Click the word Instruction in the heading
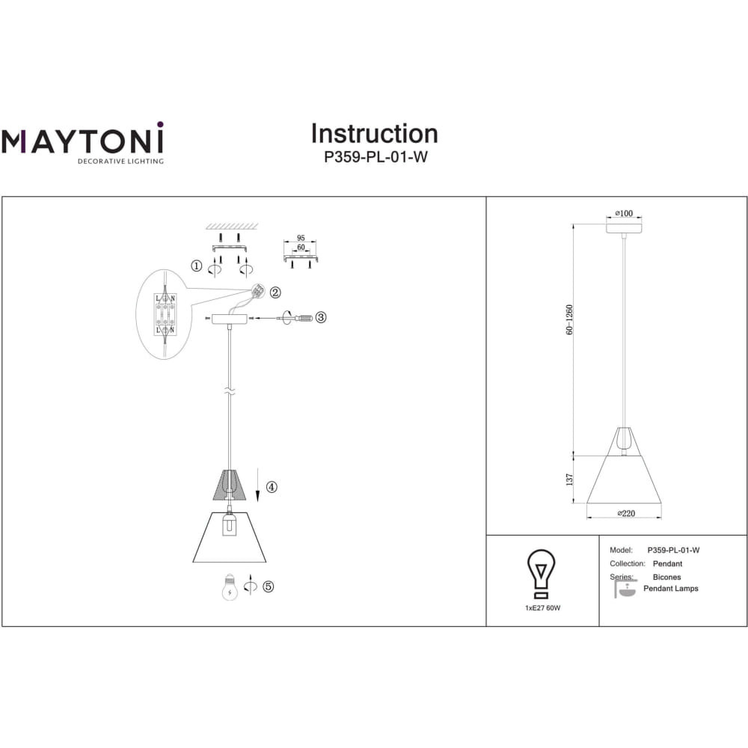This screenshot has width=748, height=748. [375, 134]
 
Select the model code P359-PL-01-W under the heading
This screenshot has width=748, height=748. [375, 157]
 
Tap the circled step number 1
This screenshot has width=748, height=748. [197, 266]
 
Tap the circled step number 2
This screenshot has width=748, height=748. [275, 292]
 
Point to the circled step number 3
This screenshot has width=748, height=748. [321, 316]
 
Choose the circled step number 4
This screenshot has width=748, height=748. [272, 487]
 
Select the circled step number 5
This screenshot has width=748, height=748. [268, 586]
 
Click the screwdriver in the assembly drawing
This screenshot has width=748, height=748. [295, 317]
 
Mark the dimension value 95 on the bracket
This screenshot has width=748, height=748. [301, 238]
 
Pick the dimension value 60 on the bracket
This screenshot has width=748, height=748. [301, 247]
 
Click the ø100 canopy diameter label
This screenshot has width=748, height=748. [624, 213]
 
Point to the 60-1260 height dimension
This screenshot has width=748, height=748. [569, 319]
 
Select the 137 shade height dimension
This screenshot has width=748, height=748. [569, 479]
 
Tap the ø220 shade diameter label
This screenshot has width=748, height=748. [626, 513]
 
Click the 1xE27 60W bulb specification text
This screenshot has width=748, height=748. [543, 607]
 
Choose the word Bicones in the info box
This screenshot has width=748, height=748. [667, 577]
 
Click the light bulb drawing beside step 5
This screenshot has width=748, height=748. [230, 586]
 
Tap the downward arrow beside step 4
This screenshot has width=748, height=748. [258, 485]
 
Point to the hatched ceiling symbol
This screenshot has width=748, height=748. [233, 226]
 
